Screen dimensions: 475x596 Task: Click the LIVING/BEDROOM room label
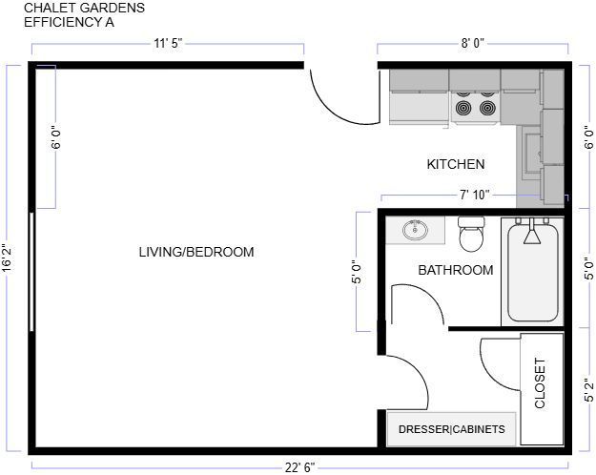pyautogui.click(x=196, y=252)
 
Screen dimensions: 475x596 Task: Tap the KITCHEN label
pyautogui.click(x=455, y=165)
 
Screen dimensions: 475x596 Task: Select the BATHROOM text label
pyautogui.click(x=456, y=270)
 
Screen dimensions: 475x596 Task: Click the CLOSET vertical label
pyautogui.click(x=541, y=383)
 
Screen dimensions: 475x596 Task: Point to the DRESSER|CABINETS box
pyautogui.click(x=451, y=429)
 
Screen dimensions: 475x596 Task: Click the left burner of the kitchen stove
pyautogui.click(x=463, y=108)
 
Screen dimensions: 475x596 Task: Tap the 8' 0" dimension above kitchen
pyautogui.click(x=474, y=43)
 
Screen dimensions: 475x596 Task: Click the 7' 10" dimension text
pyautogui.click(x=474, y=195)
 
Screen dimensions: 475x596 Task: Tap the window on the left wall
pyautogui.click(x=33, y=271)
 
